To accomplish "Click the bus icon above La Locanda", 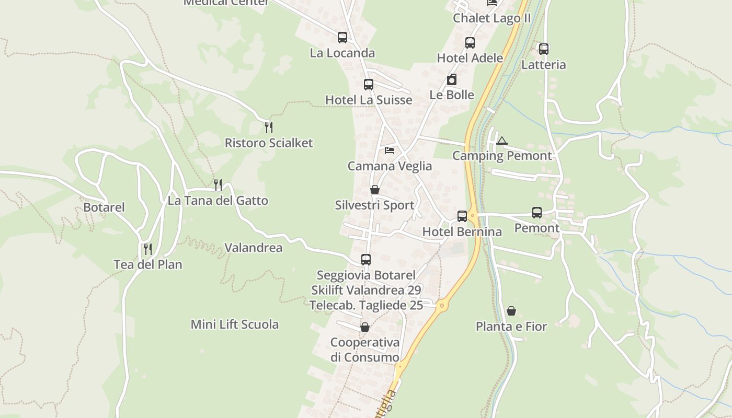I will pyautogui.click(x=342, y=38).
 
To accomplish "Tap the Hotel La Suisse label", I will pyautogui.click(x=369, y=100).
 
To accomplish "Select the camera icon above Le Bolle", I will pyautogui.click(x=452, y=79).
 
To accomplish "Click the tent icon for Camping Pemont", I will pyautogui.click(x=502, y=141).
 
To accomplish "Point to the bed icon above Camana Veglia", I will pyautogui.click(x=390, y=150).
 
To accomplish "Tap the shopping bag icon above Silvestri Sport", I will pyautogui.click(x=375, y=190).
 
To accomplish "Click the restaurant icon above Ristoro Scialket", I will pyautogui.click(x=269, y=127).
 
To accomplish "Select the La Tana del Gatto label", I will pyautogui.click(x=218, y=201).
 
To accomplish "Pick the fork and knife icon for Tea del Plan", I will pyautogui.click(x=148, y=249).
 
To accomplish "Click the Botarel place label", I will pyautogui.click(x=104, y=207).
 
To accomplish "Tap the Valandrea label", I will pyautogui.click(x=254, y=248).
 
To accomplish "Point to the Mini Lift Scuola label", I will pyautogui.click(x=235, y=324).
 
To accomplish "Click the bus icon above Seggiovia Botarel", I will pyautogui.click(x=366, y=259).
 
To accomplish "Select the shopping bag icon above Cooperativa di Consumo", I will pyautogui.click(x=365, y=327).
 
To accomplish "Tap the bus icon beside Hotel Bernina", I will pyautogui.click(x=462, y=216).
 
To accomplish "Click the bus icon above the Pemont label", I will pyautogui.click(x=537, y=213).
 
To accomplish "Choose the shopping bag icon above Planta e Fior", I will pyautogui.click(x=511, y=311).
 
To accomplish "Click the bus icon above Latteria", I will pyautogui.click(x=544, y=49).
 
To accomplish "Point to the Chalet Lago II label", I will pyautogui.click(x=492, y=18).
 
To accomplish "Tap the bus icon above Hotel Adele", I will pyautogui.click(x=470, y=43).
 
